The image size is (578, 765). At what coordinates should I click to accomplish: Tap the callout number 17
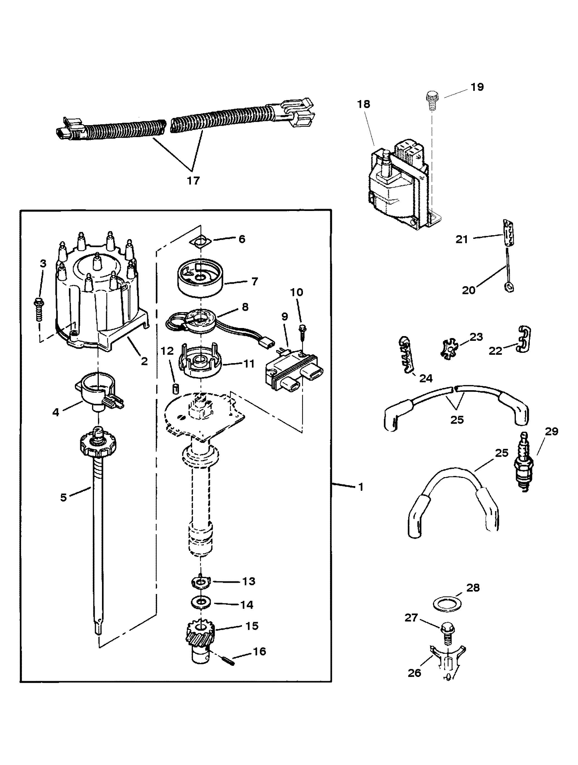(x=193, y=180)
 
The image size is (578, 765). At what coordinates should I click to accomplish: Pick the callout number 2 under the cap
(x=144, y=361)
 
